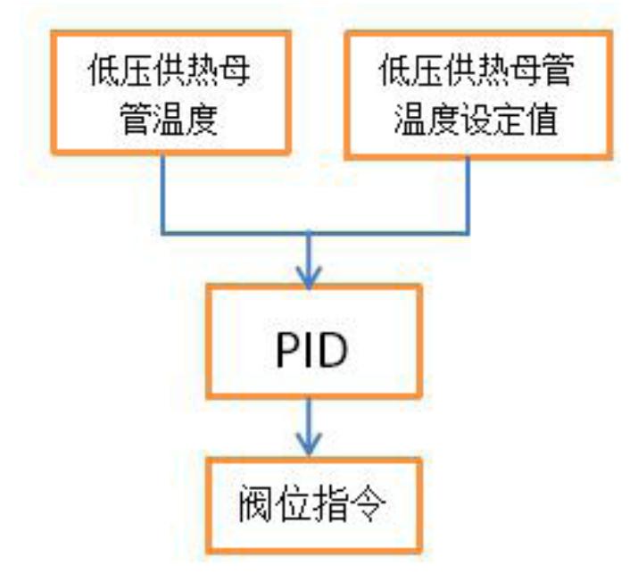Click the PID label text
tap(311, 350)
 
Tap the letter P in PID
tap(287, 350)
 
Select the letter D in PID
tap(332, 350)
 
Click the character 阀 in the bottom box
tap(254, 503)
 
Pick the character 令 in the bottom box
tap(369, 503)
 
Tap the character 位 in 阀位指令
tap(292, 503)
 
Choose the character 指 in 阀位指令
tap(330, 503)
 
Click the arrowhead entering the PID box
tap(310, 278)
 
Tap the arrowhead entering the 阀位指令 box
tap(310, 445)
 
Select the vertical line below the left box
tap(162, 194)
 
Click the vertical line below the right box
tap(468, 196)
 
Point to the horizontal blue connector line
tap(316, 233)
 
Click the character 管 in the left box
tap(136, 119)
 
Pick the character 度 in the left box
tap(202, 119)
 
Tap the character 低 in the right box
tap(394, 70)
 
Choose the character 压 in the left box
tap(137, 70)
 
